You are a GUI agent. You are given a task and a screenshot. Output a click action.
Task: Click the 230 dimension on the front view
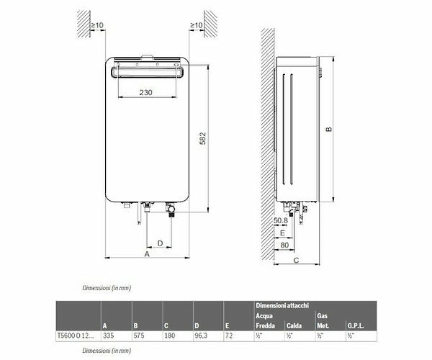pyautogui.click(x=145, y=93)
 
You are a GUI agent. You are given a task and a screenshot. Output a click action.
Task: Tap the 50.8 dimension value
pyautogui.click(x=282, y=220)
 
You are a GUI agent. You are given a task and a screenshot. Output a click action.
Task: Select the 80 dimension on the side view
pyautogui.click(x=285, y=245)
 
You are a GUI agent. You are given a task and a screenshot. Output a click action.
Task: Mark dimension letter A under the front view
pyautogui.click(x=147, y=254)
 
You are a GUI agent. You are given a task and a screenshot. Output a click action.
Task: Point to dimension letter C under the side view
pyautogui.click(x=297, y=261)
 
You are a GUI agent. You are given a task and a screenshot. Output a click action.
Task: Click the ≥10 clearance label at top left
pyautogui.click(x=97, y=27)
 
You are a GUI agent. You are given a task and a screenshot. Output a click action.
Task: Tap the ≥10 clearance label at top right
pyautogui.click(x=195, y=27)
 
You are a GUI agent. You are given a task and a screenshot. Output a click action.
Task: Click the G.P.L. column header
pyautogui.click(x=358, y=325)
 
